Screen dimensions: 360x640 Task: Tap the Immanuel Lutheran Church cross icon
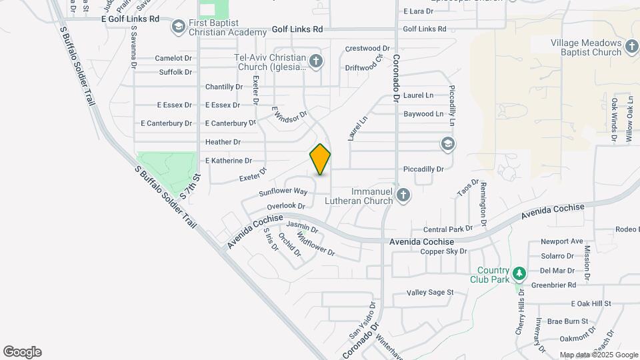click(402, 195)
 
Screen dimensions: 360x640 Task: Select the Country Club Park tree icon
click(519, 273)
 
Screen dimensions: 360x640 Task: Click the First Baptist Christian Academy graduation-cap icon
click(178, 27)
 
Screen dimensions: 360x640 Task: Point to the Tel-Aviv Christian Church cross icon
click(316, 62)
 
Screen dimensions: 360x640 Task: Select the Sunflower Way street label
click(283, 192)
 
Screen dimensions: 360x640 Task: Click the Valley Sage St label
click(430, 293)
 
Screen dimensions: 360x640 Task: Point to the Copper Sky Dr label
click(443, 251)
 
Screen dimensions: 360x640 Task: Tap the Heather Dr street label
click(223, 142)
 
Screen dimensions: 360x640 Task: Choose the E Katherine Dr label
click(229, 161)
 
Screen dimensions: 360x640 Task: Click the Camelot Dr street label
click(173, 58)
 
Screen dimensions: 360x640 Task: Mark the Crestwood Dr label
click(367, 49)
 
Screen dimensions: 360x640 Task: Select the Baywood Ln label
click(423, 114)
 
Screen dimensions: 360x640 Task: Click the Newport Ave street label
click(562, 241)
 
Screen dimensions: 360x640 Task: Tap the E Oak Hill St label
click(591, 303)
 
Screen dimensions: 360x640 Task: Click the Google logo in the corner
click(22, 352)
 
